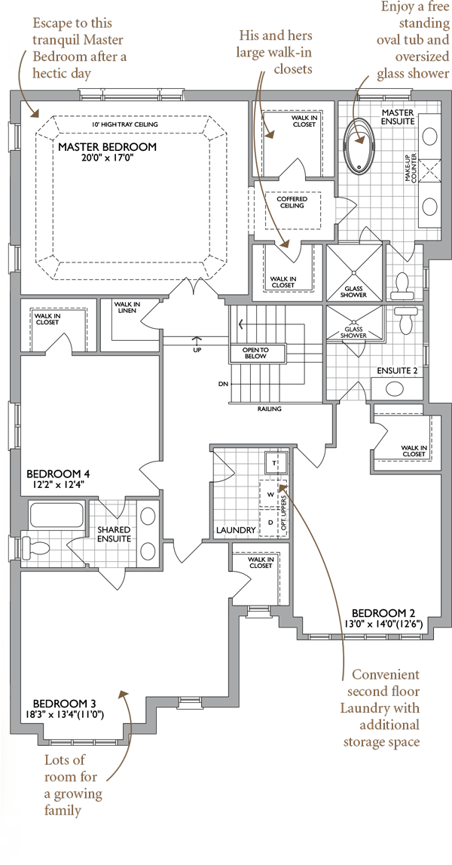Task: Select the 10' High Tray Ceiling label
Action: click(125, 124)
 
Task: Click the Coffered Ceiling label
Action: click(292, 202)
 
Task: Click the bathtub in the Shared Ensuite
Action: click(56, 514)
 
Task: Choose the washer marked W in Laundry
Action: click(270, 495)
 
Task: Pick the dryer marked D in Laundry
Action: click(270, 522)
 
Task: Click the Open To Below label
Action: click(255, 353)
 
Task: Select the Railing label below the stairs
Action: click(270, 409)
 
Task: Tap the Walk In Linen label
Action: click(127, 307)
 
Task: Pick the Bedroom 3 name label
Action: click(65, 704)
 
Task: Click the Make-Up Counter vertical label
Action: click(411, 167)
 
